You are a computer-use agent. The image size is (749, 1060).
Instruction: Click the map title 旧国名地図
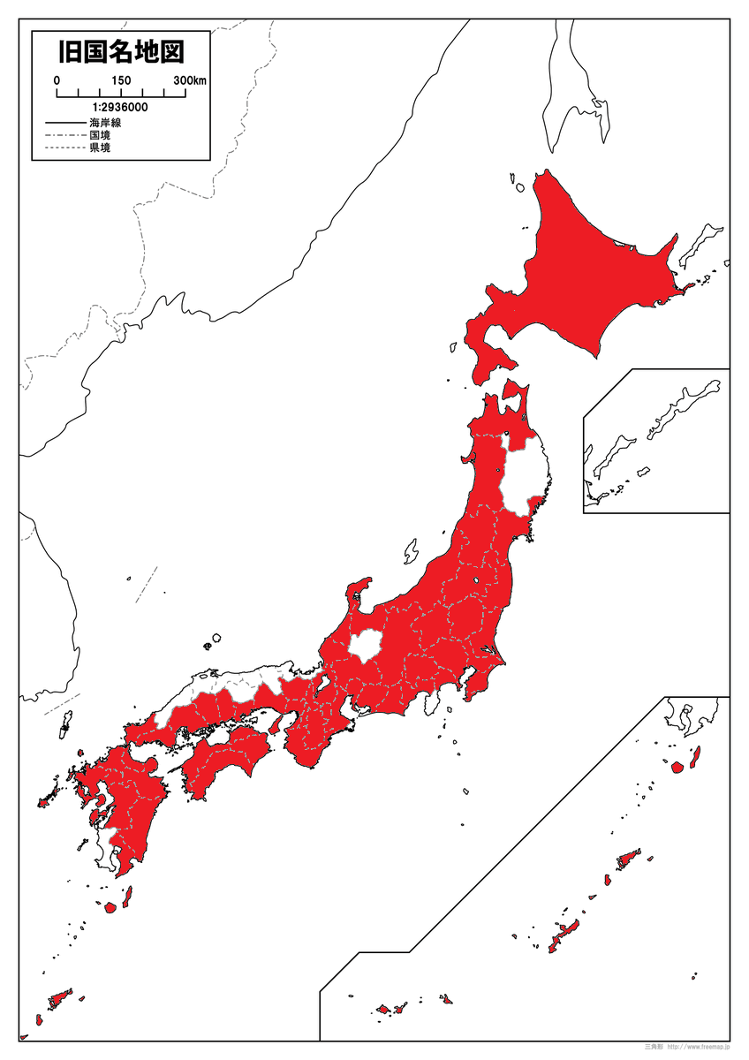(121, 52)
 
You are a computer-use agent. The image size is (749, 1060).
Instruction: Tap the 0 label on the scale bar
(57, 80)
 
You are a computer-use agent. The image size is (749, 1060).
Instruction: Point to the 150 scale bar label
(121, 80)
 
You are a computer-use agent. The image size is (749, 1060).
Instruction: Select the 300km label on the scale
(189, 80)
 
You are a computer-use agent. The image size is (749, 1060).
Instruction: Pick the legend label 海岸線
(104, 123)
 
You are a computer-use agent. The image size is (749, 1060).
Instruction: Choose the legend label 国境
(99, 135)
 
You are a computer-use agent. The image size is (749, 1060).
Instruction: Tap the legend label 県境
(99, 148)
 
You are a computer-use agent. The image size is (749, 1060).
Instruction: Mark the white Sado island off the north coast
(411, 552)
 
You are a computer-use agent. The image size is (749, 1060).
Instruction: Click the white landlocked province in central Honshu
(363, 647)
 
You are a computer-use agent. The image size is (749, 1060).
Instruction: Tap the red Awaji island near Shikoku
(275, 724)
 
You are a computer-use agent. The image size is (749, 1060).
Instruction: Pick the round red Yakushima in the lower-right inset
(677, 767)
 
